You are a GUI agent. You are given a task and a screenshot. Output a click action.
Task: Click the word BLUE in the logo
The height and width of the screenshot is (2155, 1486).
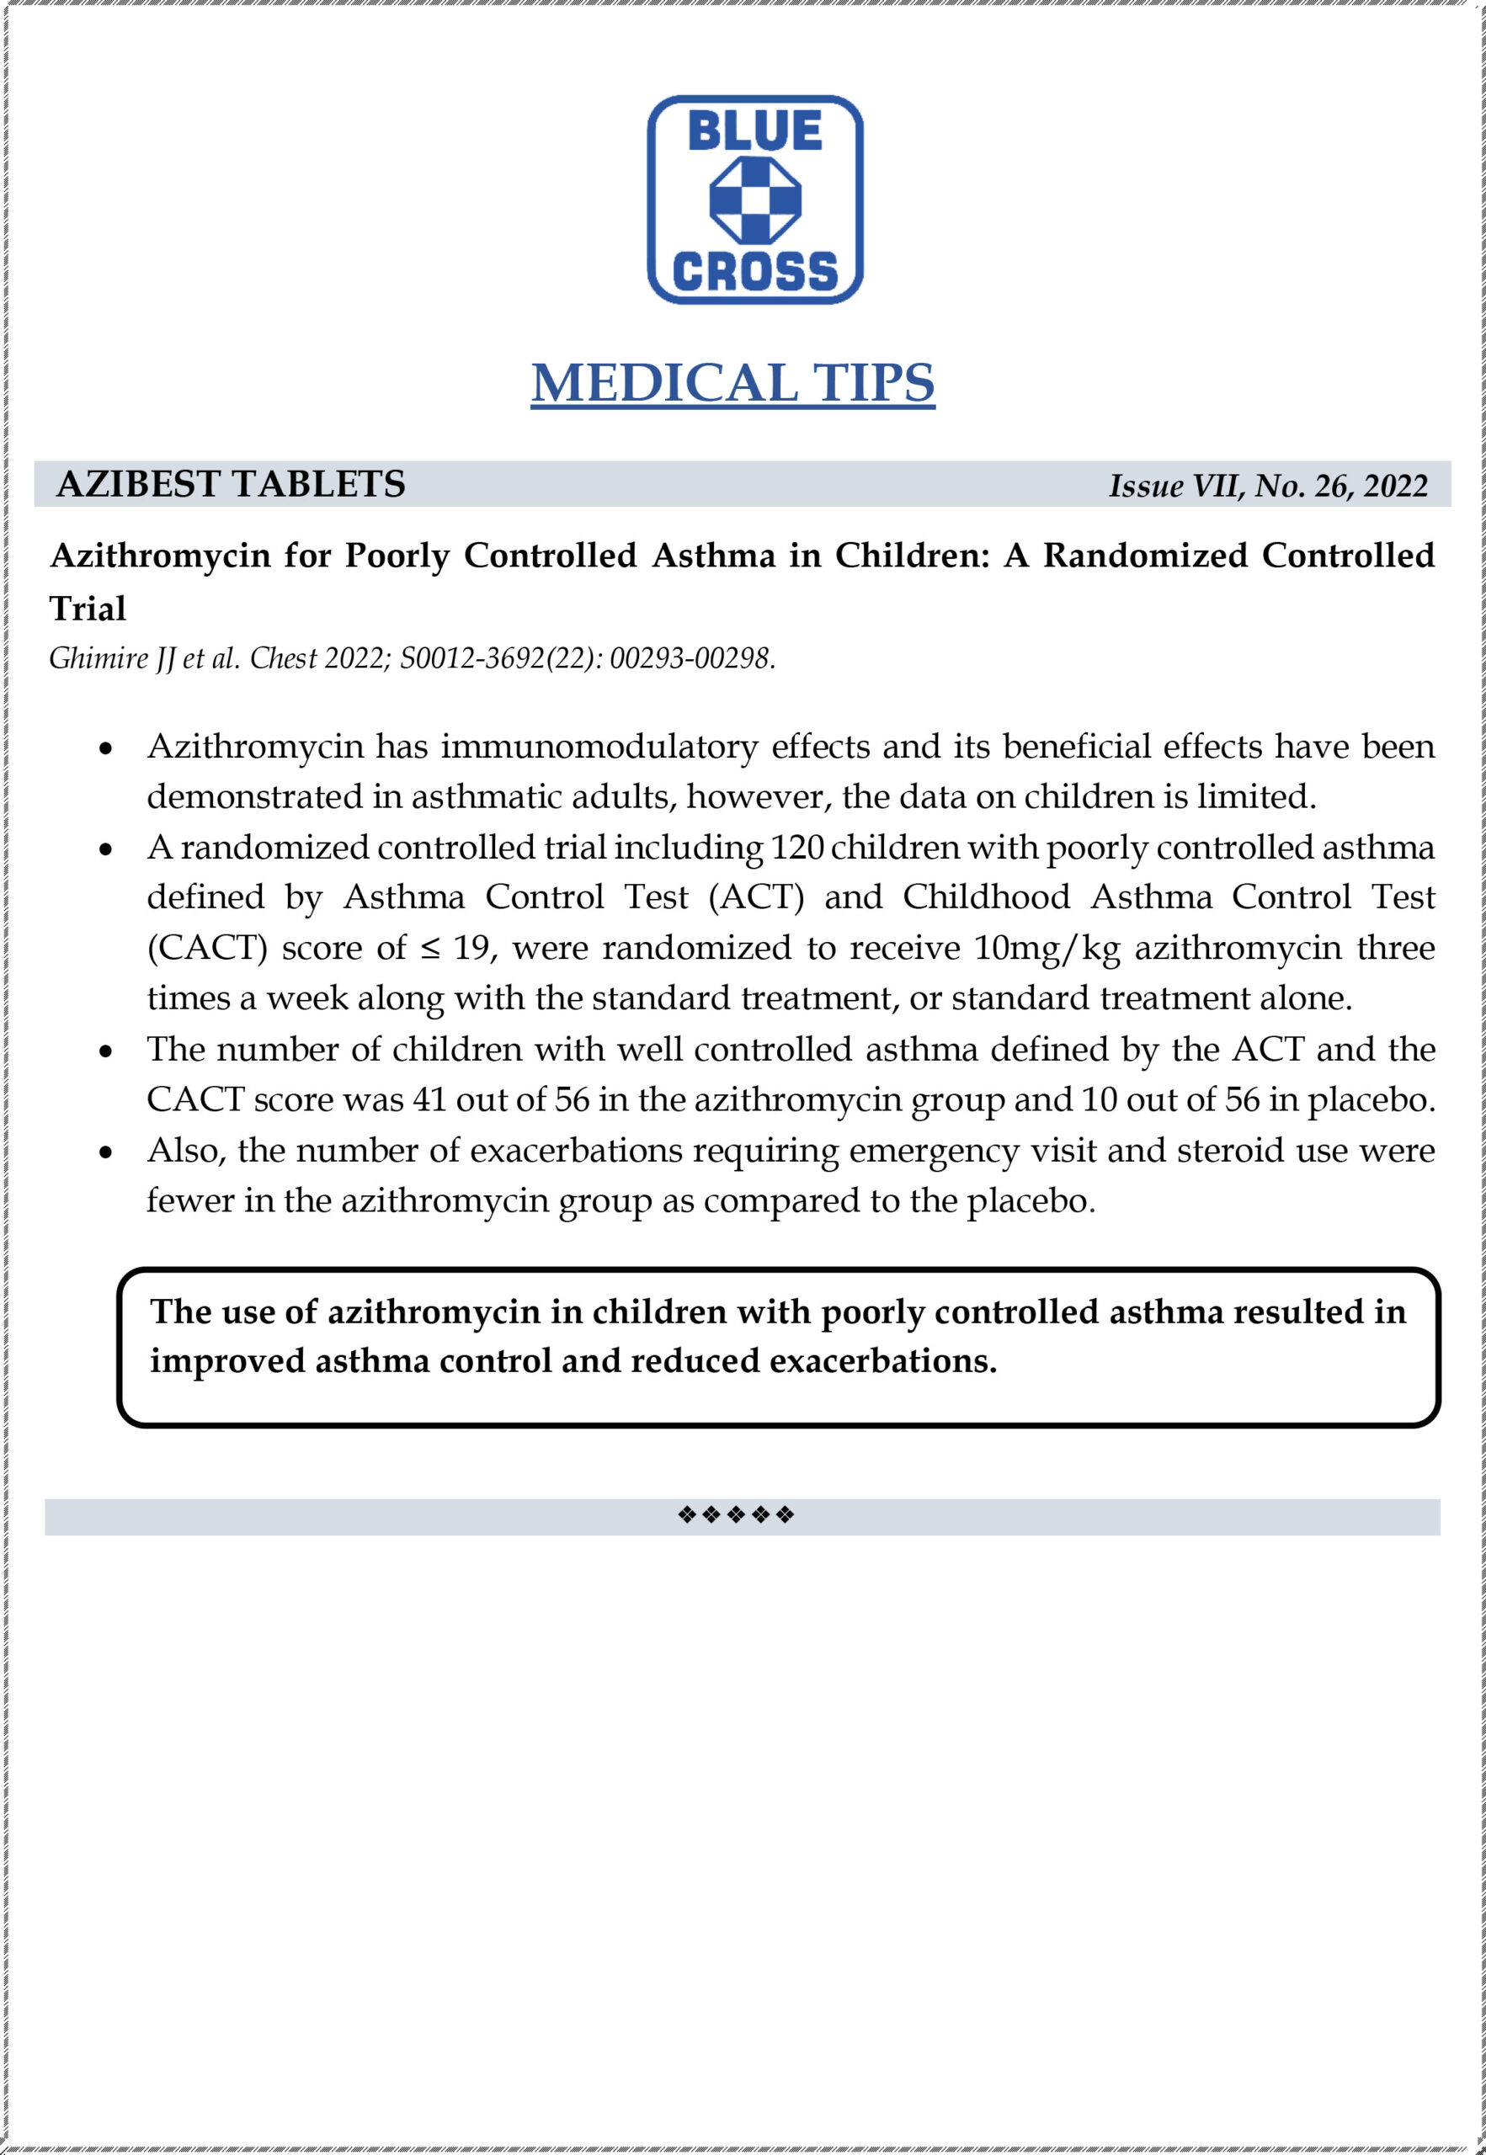tap(754, 130)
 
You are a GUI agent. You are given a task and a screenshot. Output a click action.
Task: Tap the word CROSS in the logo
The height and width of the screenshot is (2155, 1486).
tap(754, 271)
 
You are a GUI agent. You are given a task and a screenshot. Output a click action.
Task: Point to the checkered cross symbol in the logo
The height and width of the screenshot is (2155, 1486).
tap(755, 200)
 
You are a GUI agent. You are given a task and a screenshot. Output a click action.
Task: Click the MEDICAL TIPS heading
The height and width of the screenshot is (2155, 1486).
tap(732, 382)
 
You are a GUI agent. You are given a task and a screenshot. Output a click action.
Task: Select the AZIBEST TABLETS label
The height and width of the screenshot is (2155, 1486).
tap(231, 484)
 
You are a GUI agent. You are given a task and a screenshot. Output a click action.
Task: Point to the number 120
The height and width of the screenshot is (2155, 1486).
tap(797, 847)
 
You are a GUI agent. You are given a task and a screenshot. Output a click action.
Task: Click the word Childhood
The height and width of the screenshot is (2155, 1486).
tap(986, 897)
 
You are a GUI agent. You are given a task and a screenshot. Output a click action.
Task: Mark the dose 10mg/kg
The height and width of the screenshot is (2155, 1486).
tap(1047, 948)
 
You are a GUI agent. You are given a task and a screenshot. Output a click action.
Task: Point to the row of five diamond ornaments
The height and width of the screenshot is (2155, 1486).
tap(736, 1515)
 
